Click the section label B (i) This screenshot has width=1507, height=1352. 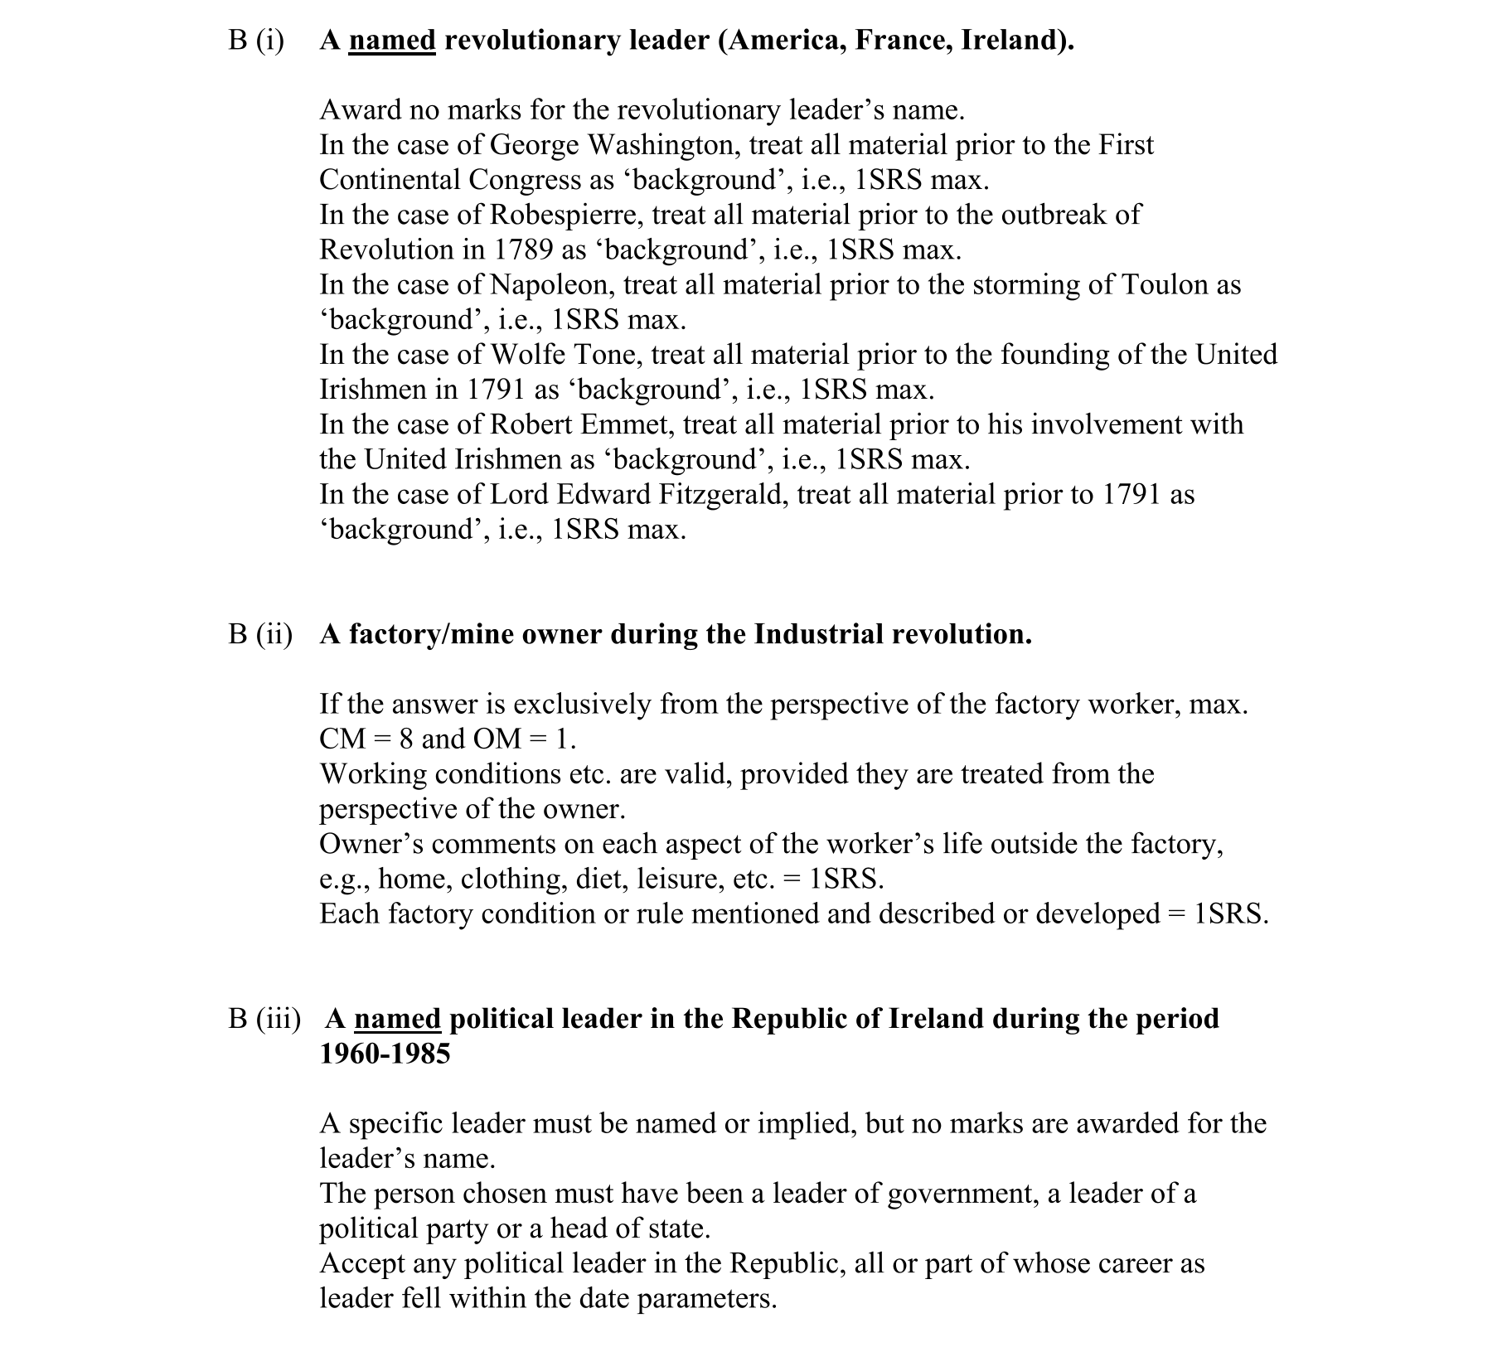pyautogui.click(x=256, y=40)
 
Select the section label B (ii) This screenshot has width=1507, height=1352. pyautogui.click(x=260, y=634)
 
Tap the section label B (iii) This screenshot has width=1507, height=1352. pyautogui.click(x=264, y=1019)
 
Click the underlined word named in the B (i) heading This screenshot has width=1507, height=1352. pyautogui.click(x=391, y=40)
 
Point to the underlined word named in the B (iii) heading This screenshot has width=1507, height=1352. pyautogui.click(x=397, y=1019)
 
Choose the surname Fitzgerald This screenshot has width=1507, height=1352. pyautogui.click(x=723, y=494)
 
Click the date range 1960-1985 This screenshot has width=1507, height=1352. pyautogui.click(x=385, y=1054)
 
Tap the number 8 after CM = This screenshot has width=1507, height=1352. pyautogui.click(x=406, y=739)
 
